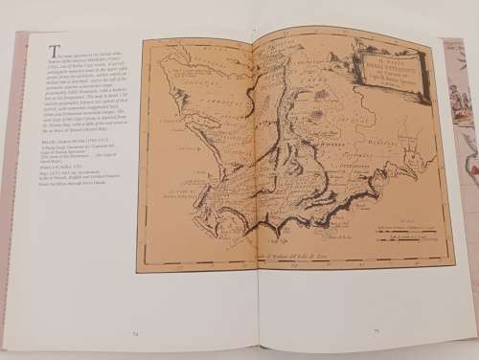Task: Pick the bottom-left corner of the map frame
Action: click(x=138, y=271)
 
